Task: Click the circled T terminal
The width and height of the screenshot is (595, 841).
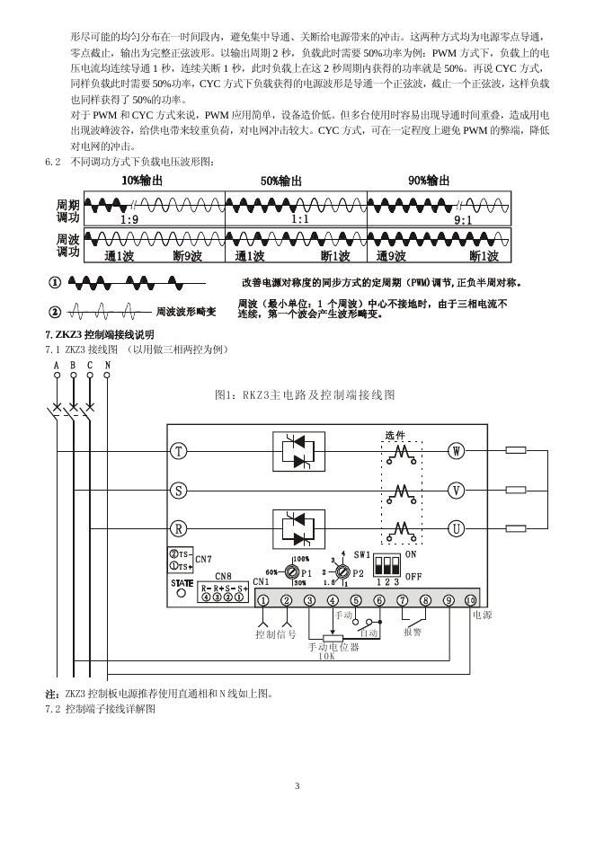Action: pyautogui.click(x=180, y=452)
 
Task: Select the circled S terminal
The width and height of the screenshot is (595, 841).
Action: pyautogui.click(x=180, y=491)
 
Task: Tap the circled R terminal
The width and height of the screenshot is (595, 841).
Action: pyautogui.click(x=180, y=529)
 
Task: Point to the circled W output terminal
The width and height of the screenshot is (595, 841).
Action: pyautogui.click(x=457, y=452)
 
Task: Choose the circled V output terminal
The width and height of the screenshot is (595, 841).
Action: pyautogui.click(x=457, y=491)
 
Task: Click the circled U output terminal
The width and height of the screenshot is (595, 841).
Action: pyautogui.click(x=457, y=529)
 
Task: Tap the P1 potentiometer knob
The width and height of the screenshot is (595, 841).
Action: pyautogui.click(x=292, y=571)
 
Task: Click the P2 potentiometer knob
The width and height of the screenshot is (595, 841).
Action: pyautogui.click(x=342, y=571)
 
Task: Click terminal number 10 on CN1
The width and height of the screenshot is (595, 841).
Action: pyautogui.click(x=469, y=600)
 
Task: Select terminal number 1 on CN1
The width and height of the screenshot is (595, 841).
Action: pyautogui.click(x=263, y=600)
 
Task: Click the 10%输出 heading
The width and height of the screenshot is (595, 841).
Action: pyautogui.click(x=143, y=181)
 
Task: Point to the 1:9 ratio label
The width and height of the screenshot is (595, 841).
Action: pyautogui.click(x=129, y=220)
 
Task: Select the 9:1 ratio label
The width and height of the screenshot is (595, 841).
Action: pyautogui.click(x=464, y=220)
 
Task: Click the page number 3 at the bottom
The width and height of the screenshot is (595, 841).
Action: pyautogui.click(x=297, y=787)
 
